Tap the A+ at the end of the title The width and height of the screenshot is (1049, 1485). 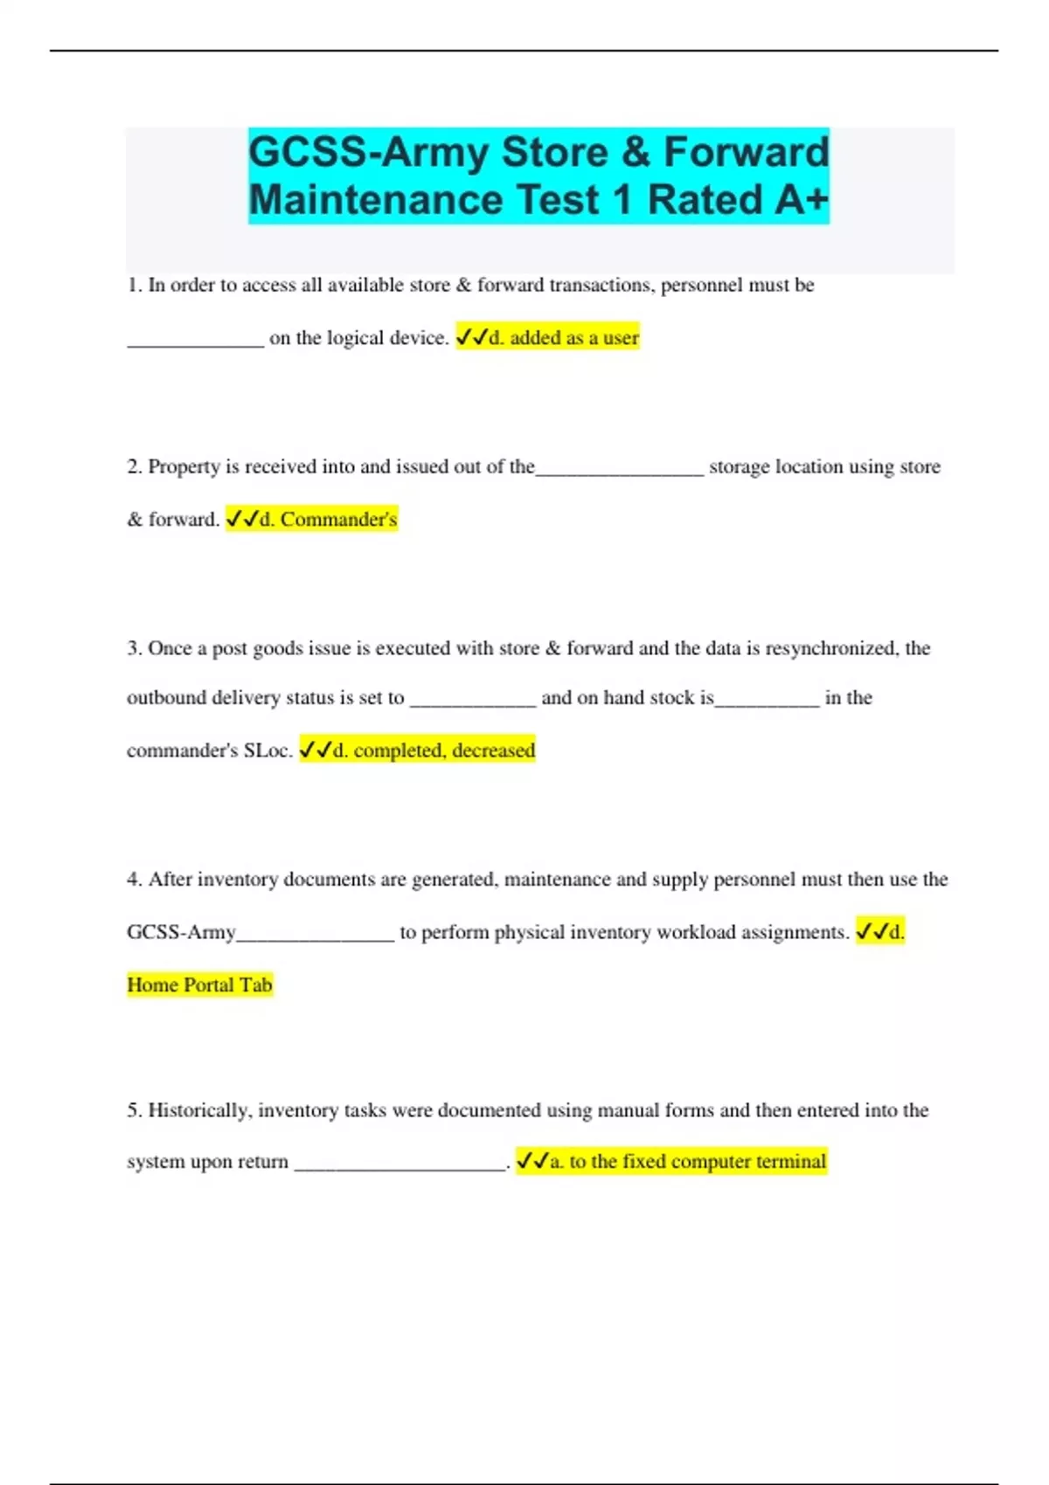tap(798, 200)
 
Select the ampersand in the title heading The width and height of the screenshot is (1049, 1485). tap(636, 152)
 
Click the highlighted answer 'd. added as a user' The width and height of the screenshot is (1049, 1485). tap(547, 338)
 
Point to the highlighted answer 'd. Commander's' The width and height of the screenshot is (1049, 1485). tap(311, 520)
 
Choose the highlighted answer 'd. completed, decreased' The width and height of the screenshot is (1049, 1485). tap(417, 750)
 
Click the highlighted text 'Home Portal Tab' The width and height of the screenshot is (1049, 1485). tap(199, 985)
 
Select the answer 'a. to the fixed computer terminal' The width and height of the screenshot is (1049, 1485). tap(670, 1162)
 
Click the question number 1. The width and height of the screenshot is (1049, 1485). tap(133, 286)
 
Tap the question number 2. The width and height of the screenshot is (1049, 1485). tap(133, 467)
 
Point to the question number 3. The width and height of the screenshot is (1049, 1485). tap(133, 649)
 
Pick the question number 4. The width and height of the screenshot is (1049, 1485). tap(133, 880)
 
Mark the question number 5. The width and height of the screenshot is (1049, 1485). tap(133, 1110)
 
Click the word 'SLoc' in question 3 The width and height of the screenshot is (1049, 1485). tap(267, 750)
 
